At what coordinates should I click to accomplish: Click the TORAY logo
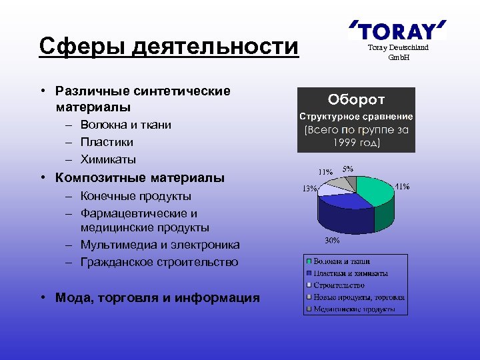click(397, 31)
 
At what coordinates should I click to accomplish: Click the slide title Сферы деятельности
click(169, 47)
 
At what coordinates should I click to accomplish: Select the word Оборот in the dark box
click(356, 100)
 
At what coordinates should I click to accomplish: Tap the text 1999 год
click(356, 143)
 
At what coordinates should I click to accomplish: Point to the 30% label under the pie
click(332, 240)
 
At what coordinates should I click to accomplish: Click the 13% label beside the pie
click(309, 189)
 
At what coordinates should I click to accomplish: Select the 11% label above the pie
click(325, 171)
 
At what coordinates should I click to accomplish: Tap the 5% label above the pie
click(348, 169)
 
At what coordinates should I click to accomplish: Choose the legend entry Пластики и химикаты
click(351, 273)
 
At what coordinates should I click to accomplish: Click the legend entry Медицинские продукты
click(354, 309)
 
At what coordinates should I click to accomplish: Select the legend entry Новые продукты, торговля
click(359, 297)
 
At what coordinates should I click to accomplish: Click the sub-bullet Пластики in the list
click(107, 142)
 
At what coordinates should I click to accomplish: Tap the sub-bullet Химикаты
click(108, 159)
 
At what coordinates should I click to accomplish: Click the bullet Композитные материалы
click(140, 178)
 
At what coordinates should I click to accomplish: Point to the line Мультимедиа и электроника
click(160, 245)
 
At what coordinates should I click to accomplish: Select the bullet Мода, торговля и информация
click(157, 298)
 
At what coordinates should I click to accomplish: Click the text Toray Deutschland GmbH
click(399, 52)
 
